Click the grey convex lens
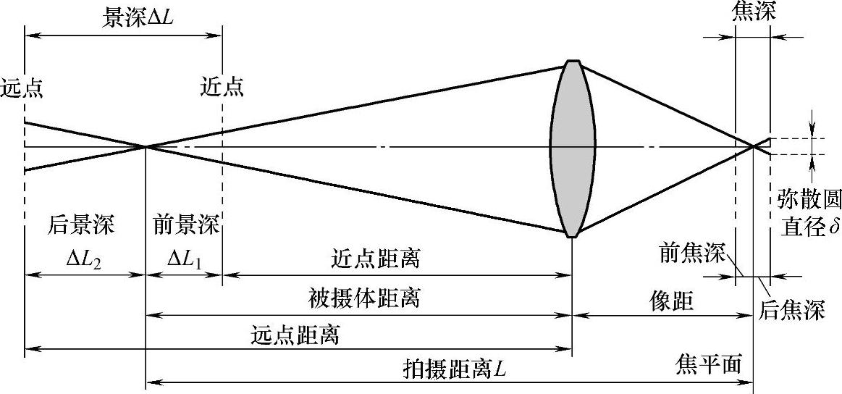[573, 148]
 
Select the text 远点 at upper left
[22, 88]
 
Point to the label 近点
[223, 88]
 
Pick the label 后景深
[81, 225]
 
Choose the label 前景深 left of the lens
[185, 225]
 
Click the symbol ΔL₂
[83, 257]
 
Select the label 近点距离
[376, 259]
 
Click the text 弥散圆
[807, 198]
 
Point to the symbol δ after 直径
[835, 227]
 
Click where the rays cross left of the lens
[146, 147]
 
